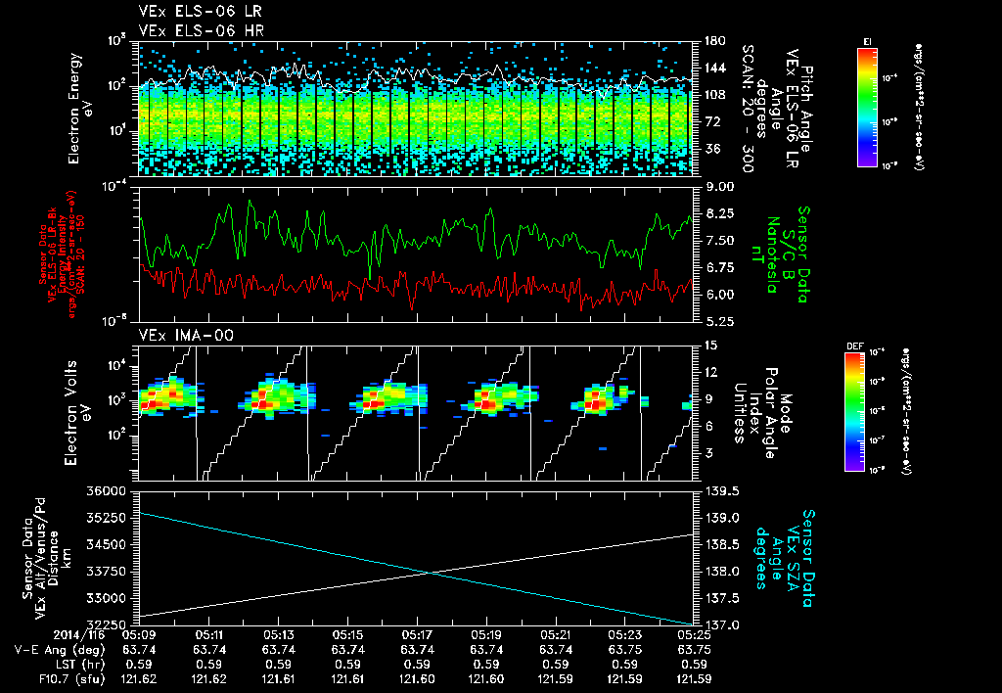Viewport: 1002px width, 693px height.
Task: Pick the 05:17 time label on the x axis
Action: [x=418, y=634]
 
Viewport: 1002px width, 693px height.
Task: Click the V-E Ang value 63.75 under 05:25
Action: [x=694, y=649]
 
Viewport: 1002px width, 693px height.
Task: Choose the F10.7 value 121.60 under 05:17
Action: [x=418, y=677]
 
